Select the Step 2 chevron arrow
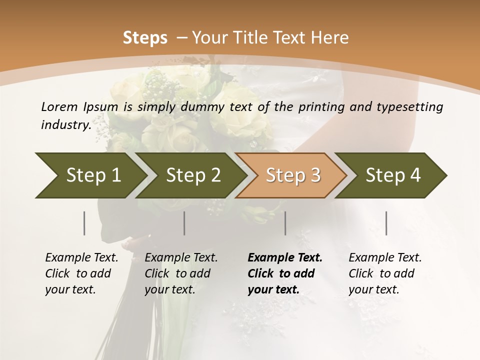(193, 175)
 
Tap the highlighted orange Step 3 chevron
(292, 175)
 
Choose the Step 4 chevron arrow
(393, 175)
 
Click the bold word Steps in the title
(145, 38)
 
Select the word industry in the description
(65, 125)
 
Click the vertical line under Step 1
(84, 223)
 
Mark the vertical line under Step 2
(184, 223)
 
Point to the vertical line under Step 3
(285, 223)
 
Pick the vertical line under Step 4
(386, 223)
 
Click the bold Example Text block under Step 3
(284, 273)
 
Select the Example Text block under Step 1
(81, 273)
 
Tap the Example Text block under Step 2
(181, 273)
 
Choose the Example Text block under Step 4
(384, 273)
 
